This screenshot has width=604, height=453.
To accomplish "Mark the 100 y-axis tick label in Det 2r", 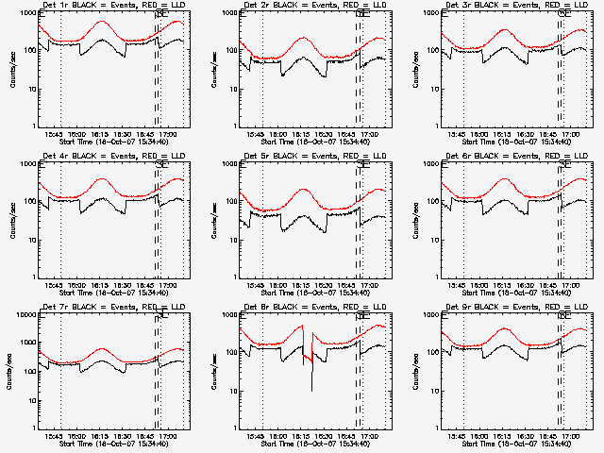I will click(x=232, y=49).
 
